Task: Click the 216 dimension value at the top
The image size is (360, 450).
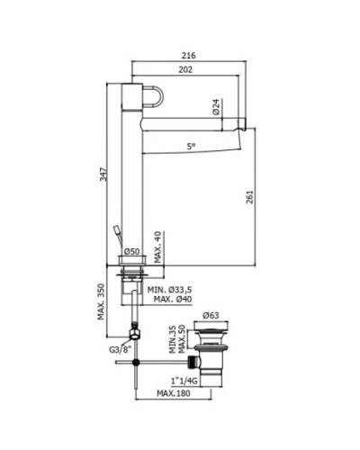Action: tap(189, 56)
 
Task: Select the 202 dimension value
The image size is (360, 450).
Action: tap(185, 69)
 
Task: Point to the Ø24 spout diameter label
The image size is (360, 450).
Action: tap(216, 107)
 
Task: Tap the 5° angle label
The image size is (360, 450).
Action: tap(191, 147)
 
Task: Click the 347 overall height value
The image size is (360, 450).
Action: tap(103, 174)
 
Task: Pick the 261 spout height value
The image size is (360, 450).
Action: tap(250, 197)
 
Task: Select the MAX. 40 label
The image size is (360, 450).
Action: tap(158, 247)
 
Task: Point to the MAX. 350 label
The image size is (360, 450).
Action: tap(102, 301)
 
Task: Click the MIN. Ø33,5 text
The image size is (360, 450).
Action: tap(169, 290)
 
